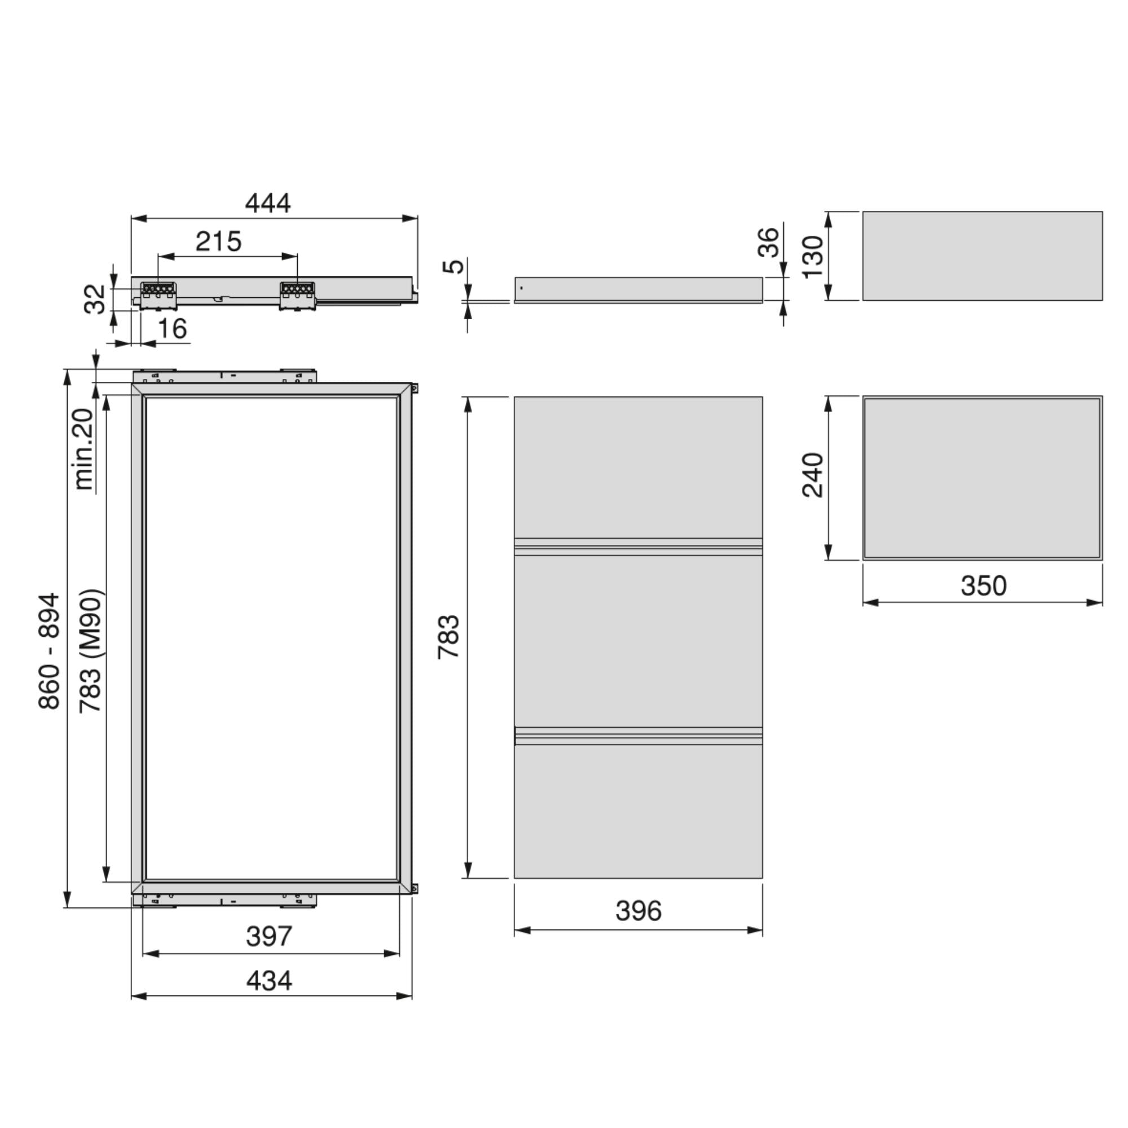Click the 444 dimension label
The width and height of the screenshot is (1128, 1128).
(x=267, y=202)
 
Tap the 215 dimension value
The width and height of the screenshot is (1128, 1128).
(x=218, y=241)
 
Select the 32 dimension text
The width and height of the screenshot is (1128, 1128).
(x=95, y=299)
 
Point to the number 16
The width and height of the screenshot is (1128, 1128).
(x=172, y=329)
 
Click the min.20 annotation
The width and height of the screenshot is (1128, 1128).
(x=84, y=449)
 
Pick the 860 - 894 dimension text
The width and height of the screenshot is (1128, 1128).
(x=49, y=651)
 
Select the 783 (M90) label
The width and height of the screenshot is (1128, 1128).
(x=91, y=651)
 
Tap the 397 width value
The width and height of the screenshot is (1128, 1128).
(x=268, y=936)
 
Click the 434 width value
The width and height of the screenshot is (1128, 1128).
(x=268, y=981)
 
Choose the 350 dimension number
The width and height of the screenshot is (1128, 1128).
(x=983, y=585)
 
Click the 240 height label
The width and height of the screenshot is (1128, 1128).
(x=812, y=475)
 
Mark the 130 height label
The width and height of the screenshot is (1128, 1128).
(x=812, y=257)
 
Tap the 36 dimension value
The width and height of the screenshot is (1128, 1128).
(x=768, y=243)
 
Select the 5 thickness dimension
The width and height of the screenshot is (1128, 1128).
(x=454, y=266)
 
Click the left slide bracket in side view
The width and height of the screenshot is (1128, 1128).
(x=158, y=295)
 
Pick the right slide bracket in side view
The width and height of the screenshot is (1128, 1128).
(x=298, y=295)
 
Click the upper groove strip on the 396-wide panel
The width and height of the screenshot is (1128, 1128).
(x=638, y=547)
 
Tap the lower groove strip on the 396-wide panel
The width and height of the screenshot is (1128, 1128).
(x=638, y=735)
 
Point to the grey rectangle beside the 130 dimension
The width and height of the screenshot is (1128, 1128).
(x=982, y=255)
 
